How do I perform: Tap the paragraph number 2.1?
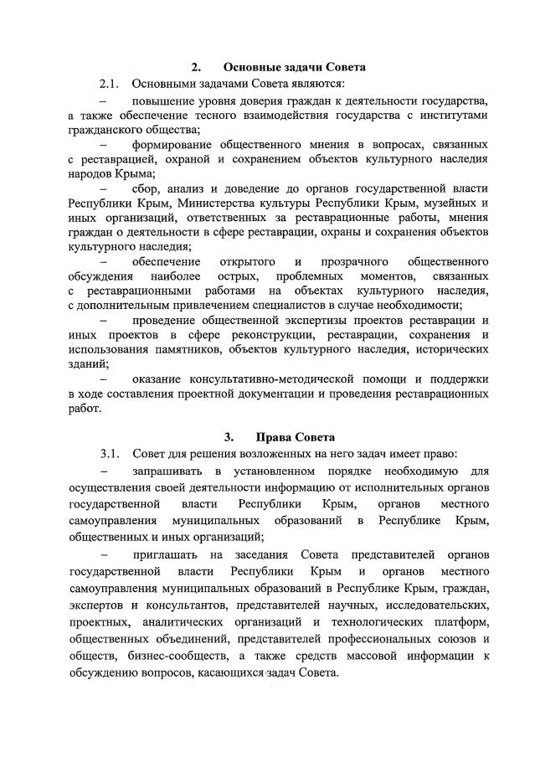coord(111,84)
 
